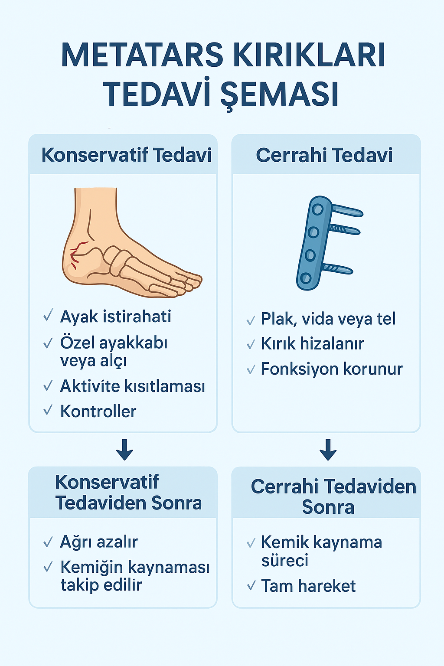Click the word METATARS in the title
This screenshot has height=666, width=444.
pyautogui.click(x=142, y=55)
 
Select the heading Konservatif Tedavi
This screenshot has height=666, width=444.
pyautogui.click(x=126, y=155)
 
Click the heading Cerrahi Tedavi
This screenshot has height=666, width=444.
pyautogui.click(x=324, y=155)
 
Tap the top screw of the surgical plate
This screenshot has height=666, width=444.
pyautogui.click(x=347, y=210)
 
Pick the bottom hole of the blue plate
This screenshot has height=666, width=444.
pyautogui.click(x=305, y=279)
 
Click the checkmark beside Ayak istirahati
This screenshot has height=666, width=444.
pyautogui.click(x=48, y=315)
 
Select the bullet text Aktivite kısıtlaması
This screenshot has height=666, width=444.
pyautogui.click(x=132, y=386)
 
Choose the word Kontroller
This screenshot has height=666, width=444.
pyautogui.click(x=98, y=411)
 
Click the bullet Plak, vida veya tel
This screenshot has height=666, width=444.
pyautogui.click(x=328, y=319)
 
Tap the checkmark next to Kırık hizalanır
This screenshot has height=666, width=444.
pyautogui.click(x=251, y=344)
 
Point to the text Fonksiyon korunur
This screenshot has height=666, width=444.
pyautogui.click(x=332, y=369)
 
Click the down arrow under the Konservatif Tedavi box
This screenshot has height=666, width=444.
pyautogui.click(x=124, y=450)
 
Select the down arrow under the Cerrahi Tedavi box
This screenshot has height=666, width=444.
pyautogui.click(x=328, y=450)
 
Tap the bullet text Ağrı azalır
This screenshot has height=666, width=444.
pyautogui.click(x=99, y=542)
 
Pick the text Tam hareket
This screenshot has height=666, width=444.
pyautogui.click(x=308, y=586)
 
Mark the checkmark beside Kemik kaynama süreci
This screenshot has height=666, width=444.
pyautogui.click(x=251, y=543)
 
